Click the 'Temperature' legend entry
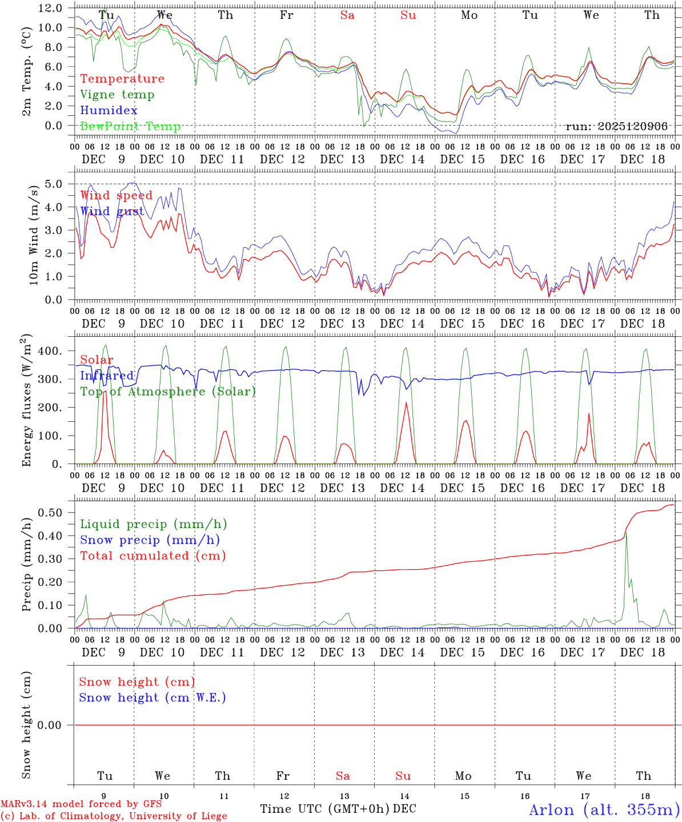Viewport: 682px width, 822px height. click(122, 79)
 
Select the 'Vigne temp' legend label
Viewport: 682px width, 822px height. click(117, 95)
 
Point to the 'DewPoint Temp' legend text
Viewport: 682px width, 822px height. click(130, 126)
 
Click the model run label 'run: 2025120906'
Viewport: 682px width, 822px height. click(616, 126)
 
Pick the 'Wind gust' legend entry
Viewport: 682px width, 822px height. click(113, 211)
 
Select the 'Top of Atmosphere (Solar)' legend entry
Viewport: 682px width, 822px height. click(168, 392)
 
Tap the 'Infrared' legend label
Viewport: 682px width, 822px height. click(107, 376)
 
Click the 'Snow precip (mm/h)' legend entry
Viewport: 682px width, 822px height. click(150, 540)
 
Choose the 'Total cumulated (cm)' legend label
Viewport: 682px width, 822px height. click(153, 555)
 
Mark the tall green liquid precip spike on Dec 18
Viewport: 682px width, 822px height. click(626, 533)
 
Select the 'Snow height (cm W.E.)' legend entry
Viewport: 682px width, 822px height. click(153, 698)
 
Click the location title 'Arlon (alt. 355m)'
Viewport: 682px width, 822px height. click(604, 809)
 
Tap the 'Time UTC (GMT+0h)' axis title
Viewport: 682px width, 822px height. click(325, 809)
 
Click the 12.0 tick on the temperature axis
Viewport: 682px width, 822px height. click(51, 8)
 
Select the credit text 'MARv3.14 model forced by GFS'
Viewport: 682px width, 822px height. click(81, 804)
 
